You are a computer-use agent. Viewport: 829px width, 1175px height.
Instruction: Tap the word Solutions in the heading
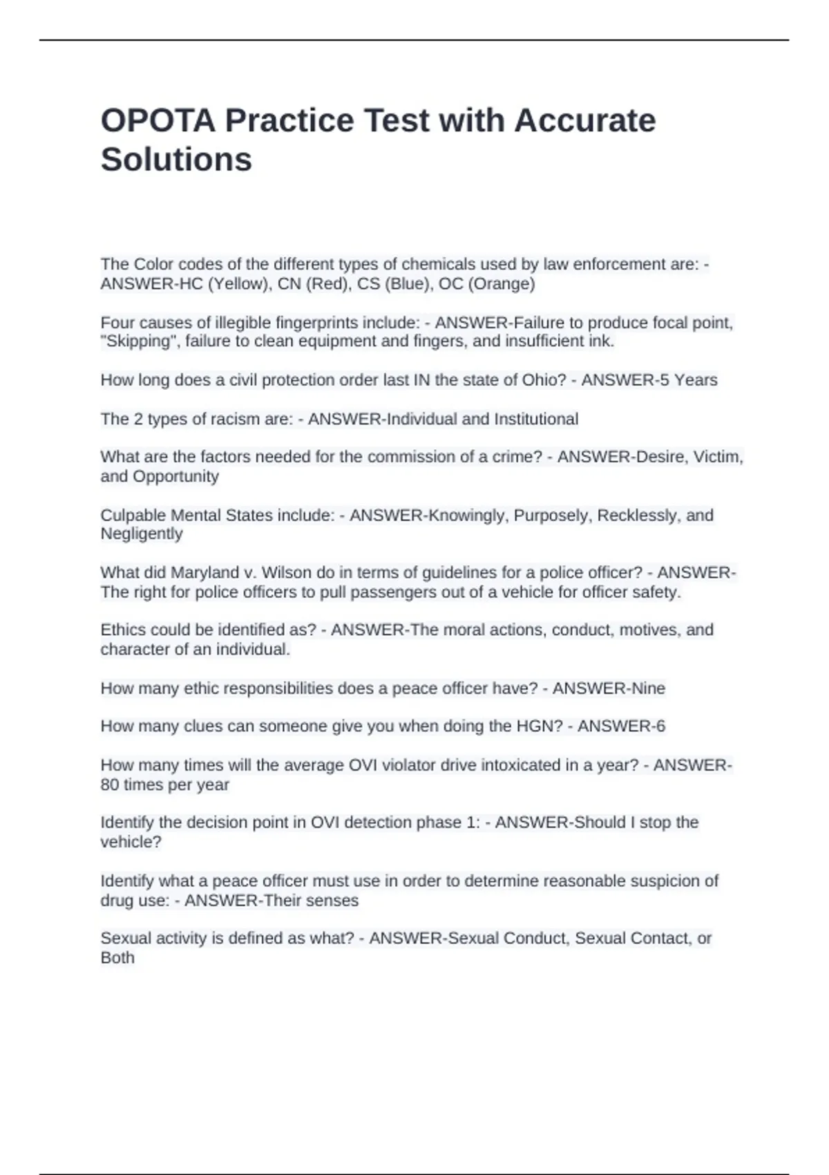(176, 160)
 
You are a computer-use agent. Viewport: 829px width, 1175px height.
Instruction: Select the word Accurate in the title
(584, 120)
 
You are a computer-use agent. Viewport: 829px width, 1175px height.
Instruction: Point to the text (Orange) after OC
(501, 283)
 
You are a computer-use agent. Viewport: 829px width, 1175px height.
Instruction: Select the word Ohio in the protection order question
(546, 379)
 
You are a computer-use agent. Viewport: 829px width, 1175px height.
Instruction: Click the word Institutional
(536, 419)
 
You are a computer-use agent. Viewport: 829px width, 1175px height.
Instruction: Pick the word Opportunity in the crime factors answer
(175, 476)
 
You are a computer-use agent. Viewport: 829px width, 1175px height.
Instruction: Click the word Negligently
(142, 534)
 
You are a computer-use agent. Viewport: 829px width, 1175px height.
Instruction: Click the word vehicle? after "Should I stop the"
(131, 842)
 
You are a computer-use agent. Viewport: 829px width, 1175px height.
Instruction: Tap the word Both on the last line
(117, 958)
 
